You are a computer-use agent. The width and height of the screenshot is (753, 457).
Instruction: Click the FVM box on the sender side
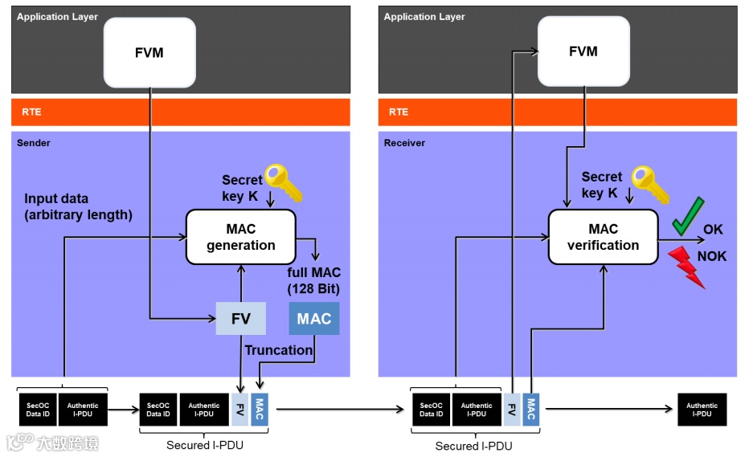[149, 53]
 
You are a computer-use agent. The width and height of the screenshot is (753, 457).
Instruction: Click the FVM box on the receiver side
[583, 51]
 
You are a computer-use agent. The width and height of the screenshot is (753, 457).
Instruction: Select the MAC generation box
[240, 237]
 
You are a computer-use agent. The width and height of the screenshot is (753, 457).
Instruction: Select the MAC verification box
[603, 237]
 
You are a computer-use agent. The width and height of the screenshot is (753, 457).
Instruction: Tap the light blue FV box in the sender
[241, 319]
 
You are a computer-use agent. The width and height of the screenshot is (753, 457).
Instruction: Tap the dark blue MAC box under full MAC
[314, 319]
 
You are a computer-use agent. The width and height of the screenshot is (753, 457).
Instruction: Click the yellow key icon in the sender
[284, 182]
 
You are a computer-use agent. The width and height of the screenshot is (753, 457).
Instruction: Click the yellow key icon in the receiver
[650, 183]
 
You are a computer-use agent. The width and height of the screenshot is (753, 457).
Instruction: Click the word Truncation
[278, 350]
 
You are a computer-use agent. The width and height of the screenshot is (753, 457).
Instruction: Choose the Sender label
[34, 143]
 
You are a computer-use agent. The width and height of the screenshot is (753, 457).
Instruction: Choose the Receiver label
[404, 143]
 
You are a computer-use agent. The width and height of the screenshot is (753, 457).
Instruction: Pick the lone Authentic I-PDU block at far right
[702, 410]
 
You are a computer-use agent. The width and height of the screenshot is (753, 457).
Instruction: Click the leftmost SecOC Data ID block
[38, 410]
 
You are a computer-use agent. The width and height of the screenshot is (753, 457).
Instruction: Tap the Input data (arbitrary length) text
[78, 206]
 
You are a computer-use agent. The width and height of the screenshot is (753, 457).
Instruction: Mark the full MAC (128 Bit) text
[313, 281]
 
